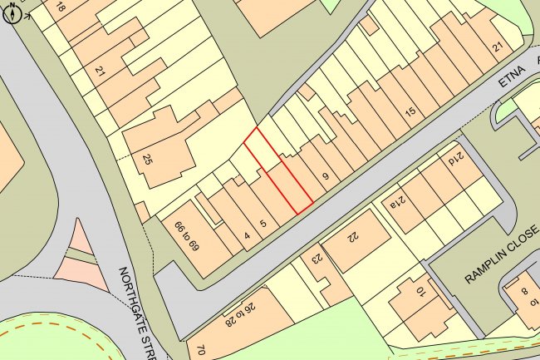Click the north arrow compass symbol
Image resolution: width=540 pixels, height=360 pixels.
tap(12, 13)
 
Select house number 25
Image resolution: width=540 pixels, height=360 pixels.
tap(148, 160)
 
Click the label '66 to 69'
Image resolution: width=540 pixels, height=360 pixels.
tap(184, 235)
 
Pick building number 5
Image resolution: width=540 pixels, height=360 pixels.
tap(263, 223)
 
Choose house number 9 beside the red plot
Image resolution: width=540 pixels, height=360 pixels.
tap(326, 175)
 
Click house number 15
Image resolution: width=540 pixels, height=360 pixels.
tap(409, 111)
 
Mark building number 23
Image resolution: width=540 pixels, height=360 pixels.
tap(316, 259)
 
